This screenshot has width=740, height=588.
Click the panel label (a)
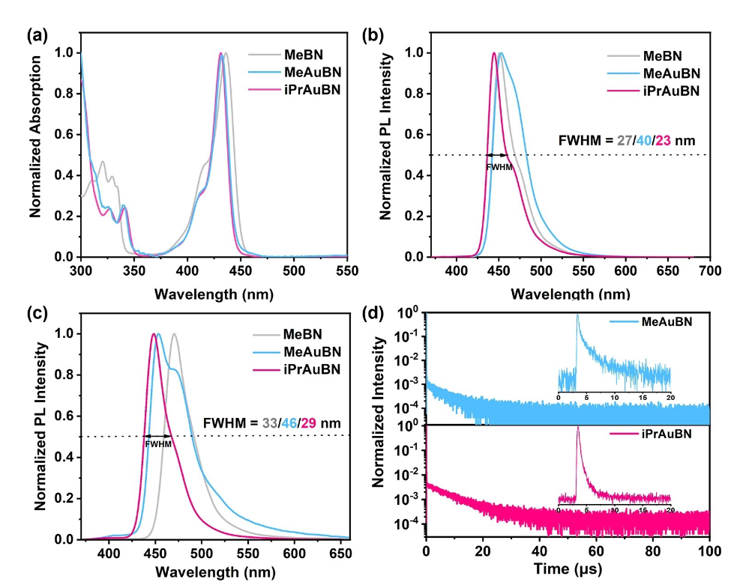point(37,34)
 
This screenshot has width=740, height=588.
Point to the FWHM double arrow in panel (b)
point(497,155)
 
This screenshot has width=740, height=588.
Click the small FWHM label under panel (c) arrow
point(158,444)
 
